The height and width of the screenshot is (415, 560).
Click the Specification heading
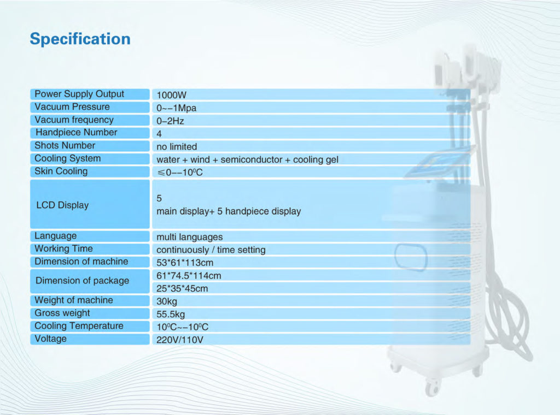(x=80, y=39)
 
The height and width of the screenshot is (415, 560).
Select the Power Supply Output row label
(x=79, y=94)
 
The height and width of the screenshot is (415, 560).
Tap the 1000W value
(x=171, y=95)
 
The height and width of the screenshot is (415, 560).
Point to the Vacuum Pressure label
(x=72, y=107)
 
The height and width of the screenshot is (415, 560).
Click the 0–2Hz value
(x=171, y=121)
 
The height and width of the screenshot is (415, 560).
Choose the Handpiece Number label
(x=77, y=133)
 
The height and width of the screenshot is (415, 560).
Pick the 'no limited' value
(x=177, y=147)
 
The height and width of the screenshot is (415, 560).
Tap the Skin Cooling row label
(x=61, y=171)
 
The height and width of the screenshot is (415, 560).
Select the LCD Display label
(x=62, y=205)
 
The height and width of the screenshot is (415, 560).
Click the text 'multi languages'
(x=190, y=237)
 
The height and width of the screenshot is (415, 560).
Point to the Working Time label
(x=63, y=248)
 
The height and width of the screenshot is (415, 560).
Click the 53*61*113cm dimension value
(x=185, y=263)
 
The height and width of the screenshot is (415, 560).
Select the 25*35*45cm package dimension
(x=182, y=288)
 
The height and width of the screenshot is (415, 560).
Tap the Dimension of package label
(x=83, y=281)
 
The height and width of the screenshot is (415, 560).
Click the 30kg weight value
(x=167, y=301)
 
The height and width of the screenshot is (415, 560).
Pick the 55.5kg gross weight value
(x=171, y=315)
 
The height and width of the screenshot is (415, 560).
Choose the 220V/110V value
(x=179, y=340)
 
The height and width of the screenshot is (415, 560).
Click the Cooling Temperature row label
(x=79, y=326)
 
